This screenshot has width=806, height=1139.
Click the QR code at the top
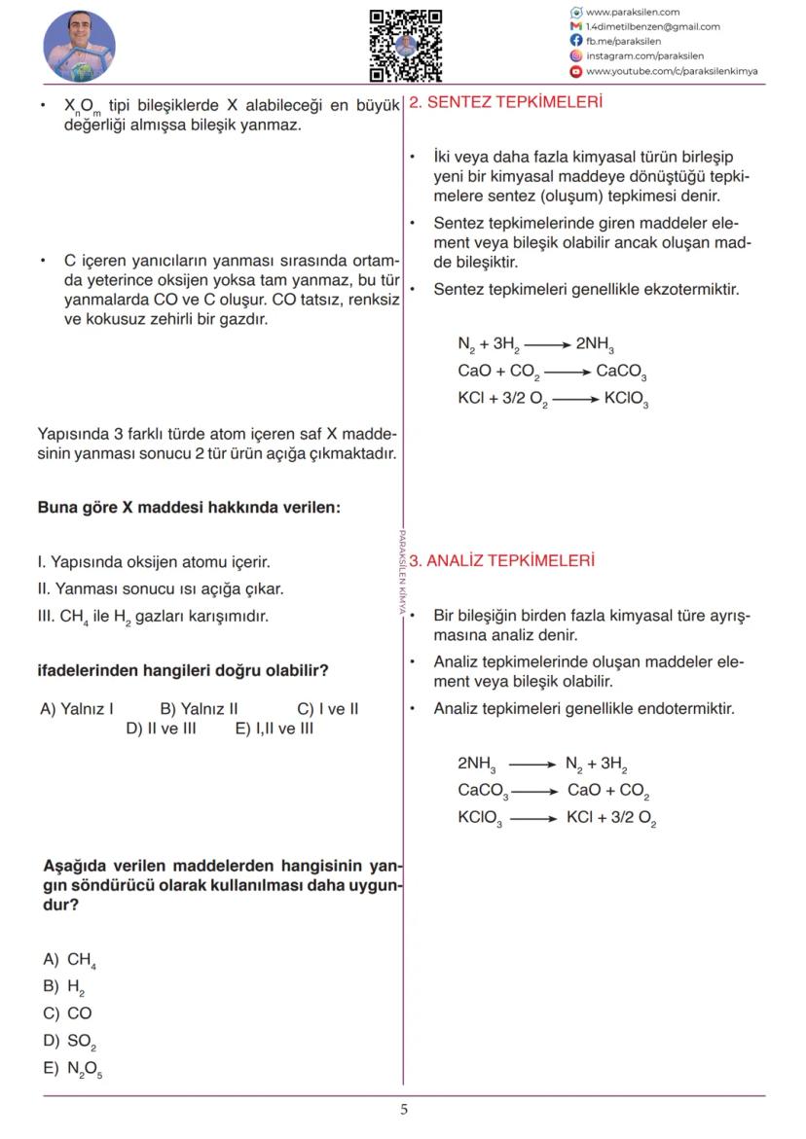tap(405, 45)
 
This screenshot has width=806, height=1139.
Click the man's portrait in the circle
tap(80, 47)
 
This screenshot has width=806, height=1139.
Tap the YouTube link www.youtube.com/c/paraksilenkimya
tap(671, 71)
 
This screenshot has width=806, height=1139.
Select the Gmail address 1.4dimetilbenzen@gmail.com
tap(652, 27)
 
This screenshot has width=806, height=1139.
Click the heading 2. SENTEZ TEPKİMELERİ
tap(505, 102)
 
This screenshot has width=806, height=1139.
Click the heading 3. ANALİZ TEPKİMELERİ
tap(501, 561)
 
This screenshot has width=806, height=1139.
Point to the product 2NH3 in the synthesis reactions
tap(595, 344)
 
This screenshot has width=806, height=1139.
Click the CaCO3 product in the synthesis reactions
tap(621, 372)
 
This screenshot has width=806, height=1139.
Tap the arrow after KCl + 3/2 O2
tap(573, 399)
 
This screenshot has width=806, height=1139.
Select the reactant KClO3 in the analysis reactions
tap(480, 819)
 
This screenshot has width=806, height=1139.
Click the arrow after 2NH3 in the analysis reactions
tap(531, 765)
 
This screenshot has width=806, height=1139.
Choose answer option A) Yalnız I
tap(77, 709)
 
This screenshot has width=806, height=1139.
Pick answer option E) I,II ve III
tap(275, 729)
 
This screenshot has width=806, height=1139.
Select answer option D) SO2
tap(70, 1042)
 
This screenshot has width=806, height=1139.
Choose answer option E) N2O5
tap(73, 1069)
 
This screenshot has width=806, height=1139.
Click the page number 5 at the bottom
tap(404, 1110)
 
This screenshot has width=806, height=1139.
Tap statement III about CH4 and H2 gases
tap(152, 617)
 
